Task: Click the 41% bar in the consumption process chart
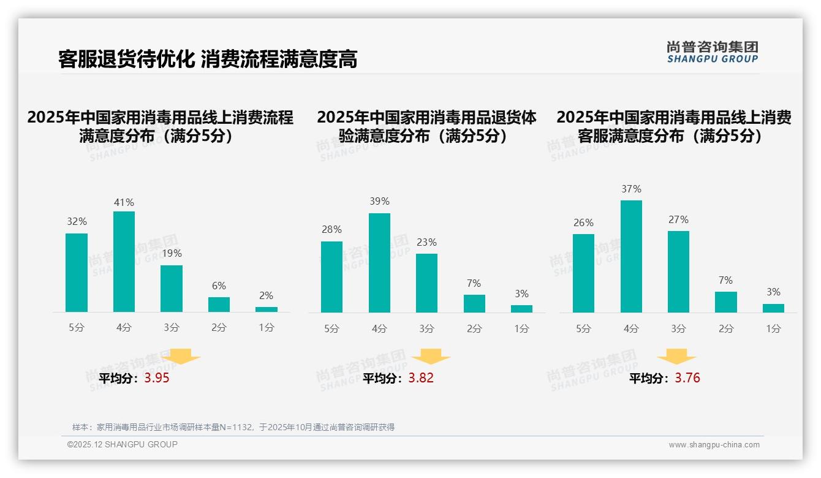pos(124,262)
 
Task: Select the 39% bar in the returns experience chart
pos(379,263)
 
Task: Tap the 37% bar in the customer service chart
pos(631,256)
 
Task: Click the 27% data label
pos(678,219)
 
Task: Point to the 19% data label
pos(172,253)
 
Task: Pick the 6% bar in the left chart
pos(219,305)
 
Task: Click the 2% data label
pos(266,295)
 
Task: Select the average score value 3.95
pos(157,378)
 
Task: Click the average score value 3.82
pos(421,378)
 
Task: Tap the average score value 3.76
pos(687,378)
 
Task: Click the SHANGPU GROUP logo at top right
pos(712,52)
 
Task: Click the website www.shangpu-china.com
pos(714,445)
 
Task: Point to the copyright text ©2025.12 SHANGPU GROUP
pos(123,444)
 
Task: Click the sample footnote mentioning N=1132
pos(233,427)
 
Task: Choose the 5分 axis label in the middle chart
pos(331,328)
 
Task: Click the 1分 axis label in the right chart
pos(773,328)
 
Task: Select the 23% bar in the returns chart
pos(426,283)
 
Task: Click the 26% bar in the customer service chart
pos(583,273)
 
